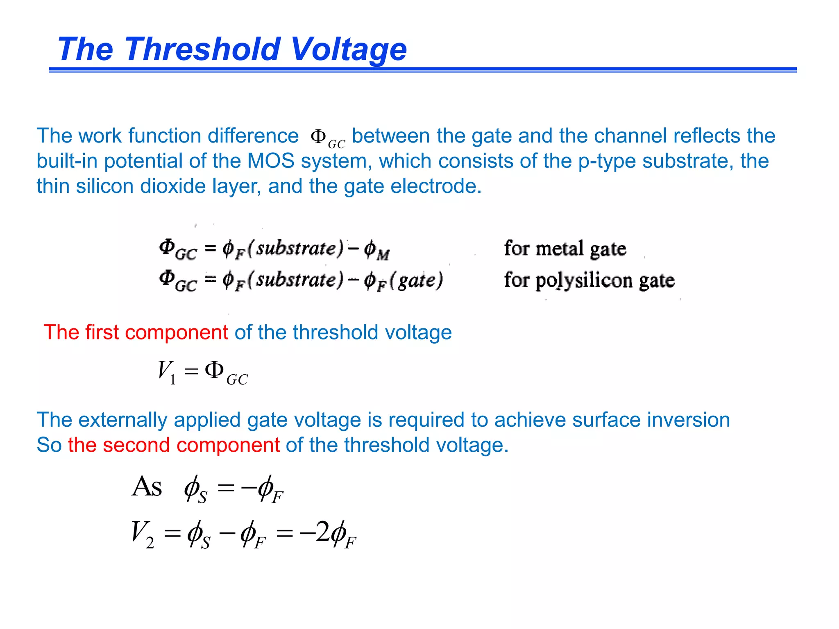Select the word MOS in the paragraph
(271, 161)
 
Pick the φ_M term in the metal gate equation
(376, 250)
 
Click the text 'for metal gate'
(565, 249)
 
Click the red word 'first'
(102, 332)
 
